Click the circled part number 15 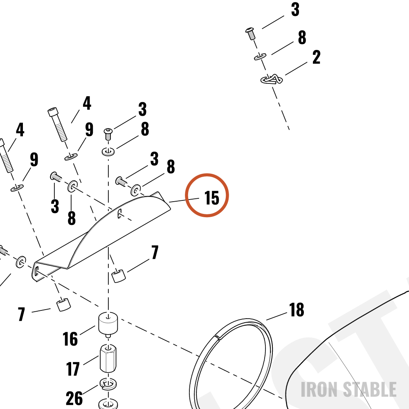pyautogui.click(x=211, y=198)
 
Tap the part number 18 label pyautogui.click(x=297, y=310)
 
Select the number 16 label pyautogui.click(x=70, y=339)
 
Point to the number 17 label pyautogui.click(x=73, y=369)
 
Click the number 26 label pyautogui.click(x=74, y=398)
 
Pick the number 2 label pyautogui.click(x=317, y=57)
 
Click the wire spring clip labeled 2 pyautogui.click(x=272, y=79)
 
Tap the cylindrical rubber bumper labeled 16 pyautogui.click(x=108, y=325)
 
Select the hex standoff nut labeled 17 pyautogui.click(x=108, y=359)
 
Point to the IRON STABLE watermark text pyautogui.click(x=349, y=389)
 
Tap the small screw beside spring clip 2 pyautogui.click(x=250, y=34)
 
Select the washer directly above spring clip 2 pyautogui.click(x=260, y=56)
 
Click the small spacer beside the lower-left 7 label pyautogui.click(x=64, y=304)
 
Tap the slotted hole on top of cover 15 pyautogui.click(x=120, y=213)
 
